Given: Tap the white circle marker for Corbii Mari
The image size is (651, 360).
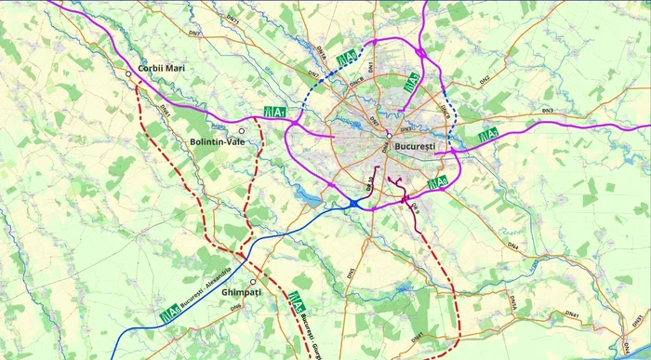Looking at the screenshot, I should coord(128,73).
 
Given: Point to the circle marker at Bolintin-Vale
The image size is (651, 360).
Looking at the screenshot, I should coord(242,131).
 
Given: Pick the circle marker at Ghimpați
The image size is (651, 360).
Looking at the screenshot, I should coord(253,282).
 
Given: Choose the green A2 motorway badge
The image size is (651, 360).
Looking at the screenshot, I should coord(487,136).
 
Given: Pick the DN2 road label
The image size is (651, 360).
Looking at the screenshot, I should coord(485,80).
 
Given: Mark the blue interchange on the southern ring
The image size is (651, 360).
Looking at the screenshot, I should coord(355,202).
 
